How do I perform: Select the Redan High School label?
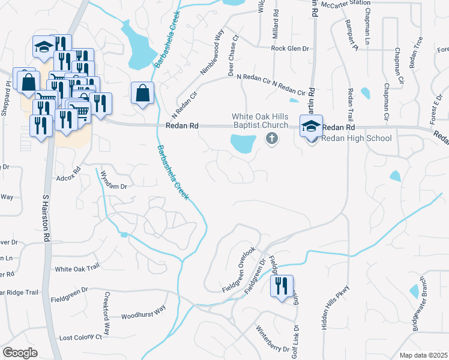357,139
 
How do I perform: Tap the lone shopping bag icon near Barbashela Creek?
142,94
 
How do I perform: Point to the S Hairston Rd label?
46,217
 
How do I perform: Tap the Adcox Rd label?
68,178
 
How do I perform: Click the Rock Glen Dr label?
289,48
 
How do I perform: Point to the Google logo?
20,352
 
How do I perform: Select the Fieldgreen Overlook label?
238,270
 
